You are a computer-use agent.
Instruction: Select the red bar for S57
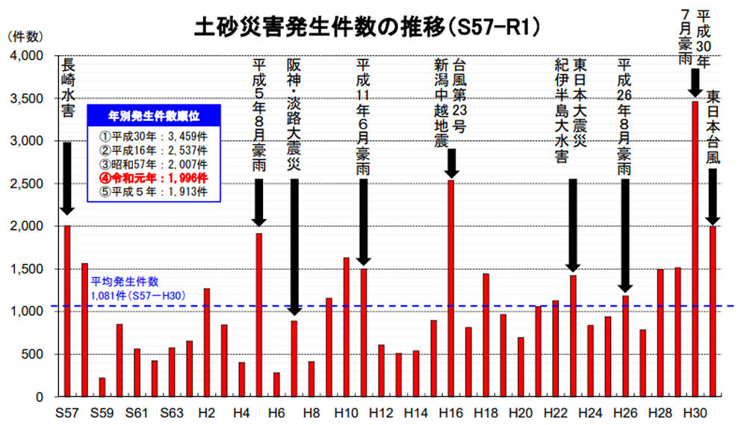point(67,310)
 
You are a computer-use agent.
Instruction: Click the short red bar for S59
point(102,387)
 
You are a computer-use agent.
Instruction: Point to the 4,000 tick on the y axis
point(30,57)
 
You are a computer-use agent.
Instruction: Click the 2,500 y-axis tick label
point(30,184)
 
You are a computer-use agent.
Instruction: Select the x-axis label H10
point(346,412)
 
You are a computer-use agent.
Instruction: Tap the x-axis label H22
point(555,412)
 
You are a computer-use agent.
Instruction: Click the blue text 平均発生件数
point(125,282)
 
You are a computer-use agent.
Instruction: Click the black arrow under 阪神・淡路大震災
point(294,246)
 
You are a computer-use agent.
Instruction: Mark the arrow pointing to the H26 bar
point(625,235)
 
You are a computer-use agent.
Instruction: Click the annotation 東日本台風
point(713,127)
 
